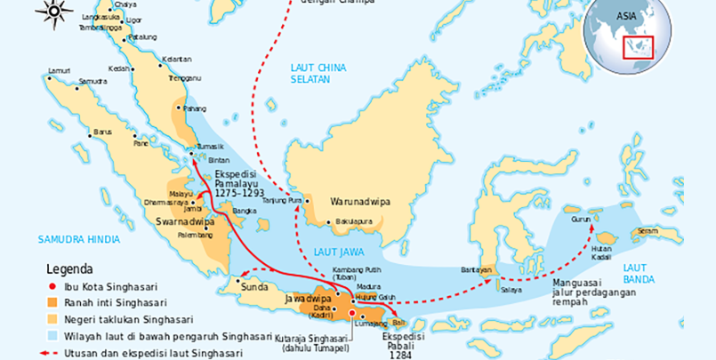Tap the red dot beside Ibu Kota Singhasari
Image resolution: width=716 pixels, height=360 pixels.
tap(53, 287)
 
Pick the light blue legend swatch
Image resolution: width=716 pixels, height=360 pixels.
tap(53, 336)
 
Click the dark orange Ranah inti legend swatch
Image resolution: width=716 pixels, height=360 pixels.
tap(53, 303)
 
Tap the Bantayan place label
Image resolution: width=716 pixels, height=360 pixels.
tap(477, 268)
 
